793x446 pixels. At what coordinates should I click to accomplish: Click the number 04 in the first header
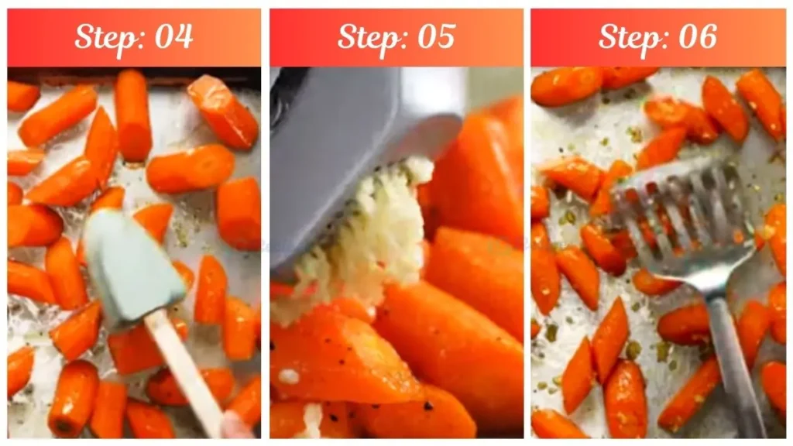(173, 36)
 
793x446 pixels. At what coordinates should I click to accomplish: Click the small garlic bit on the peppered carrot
(289, 377)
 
